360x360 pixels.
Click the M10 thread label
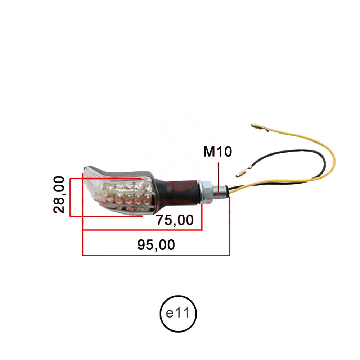click(x=218, y=152)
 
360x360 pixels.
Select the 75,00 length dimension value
click(x=175, y=220)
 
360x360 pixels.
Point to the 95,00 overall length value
click(x=156, y=245)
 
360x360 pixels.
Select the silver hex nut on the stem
click(x=207, y=191)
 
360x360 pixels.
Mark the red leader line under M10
click(x=218, y=176)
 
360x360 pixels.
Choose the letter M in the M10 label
click(x=209, y=152)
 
